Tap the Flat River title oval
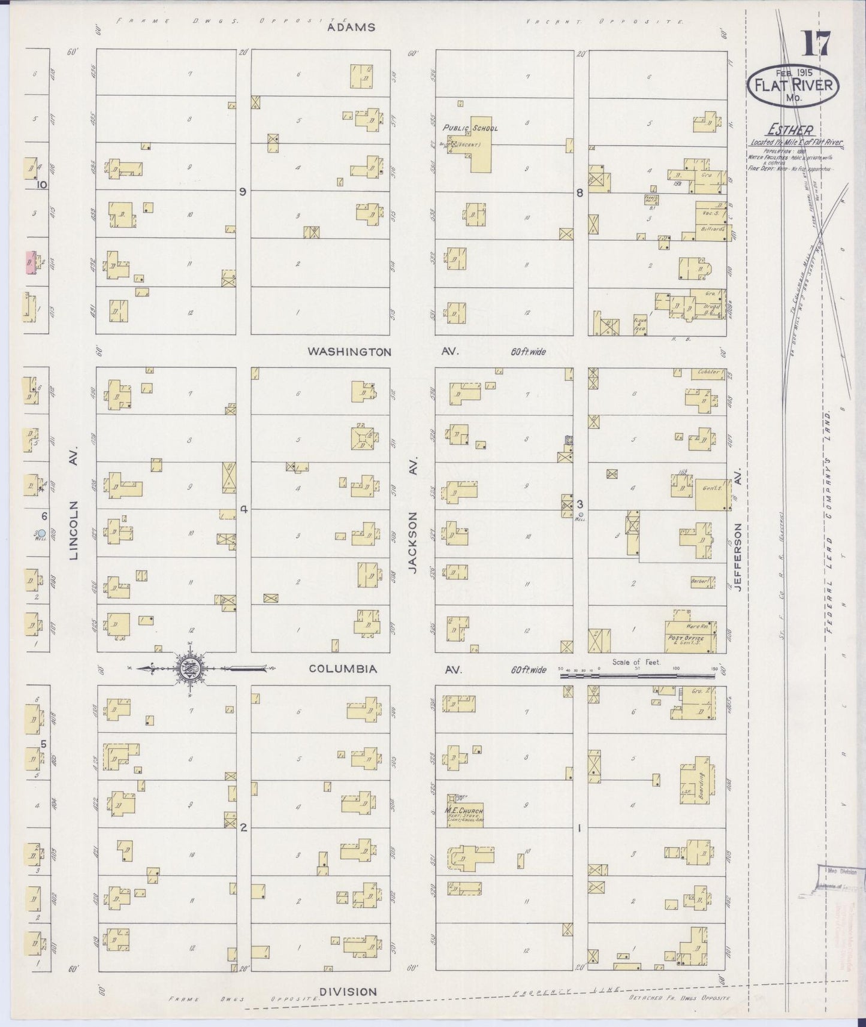tap(792, 85)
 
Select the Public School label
tap(470, 128)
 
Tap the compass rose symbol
tap(189, 668)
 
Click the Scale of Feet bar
tap(639, 675)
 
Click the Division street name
tap(348, 992)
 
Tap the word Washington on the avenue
tap(349, 352)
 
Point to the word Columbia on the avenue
tap(343, 669)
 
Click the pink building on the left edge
tap(28, 262)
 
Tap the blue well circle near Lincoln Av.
tap(41, 531)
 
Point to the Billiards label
tap(714, 229)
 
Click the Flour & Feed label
tap(640, 325)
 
